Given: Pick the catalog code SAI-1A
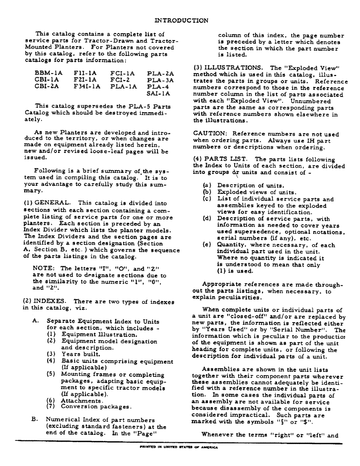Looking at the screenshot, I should pos(159,93).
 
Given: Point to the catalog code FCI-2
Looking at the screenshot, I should pos(120,80).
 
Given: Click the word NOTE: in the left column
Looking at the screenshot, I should pos(45,268).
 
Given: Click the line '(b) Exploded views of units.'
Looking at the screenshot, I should pos(252,191).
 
